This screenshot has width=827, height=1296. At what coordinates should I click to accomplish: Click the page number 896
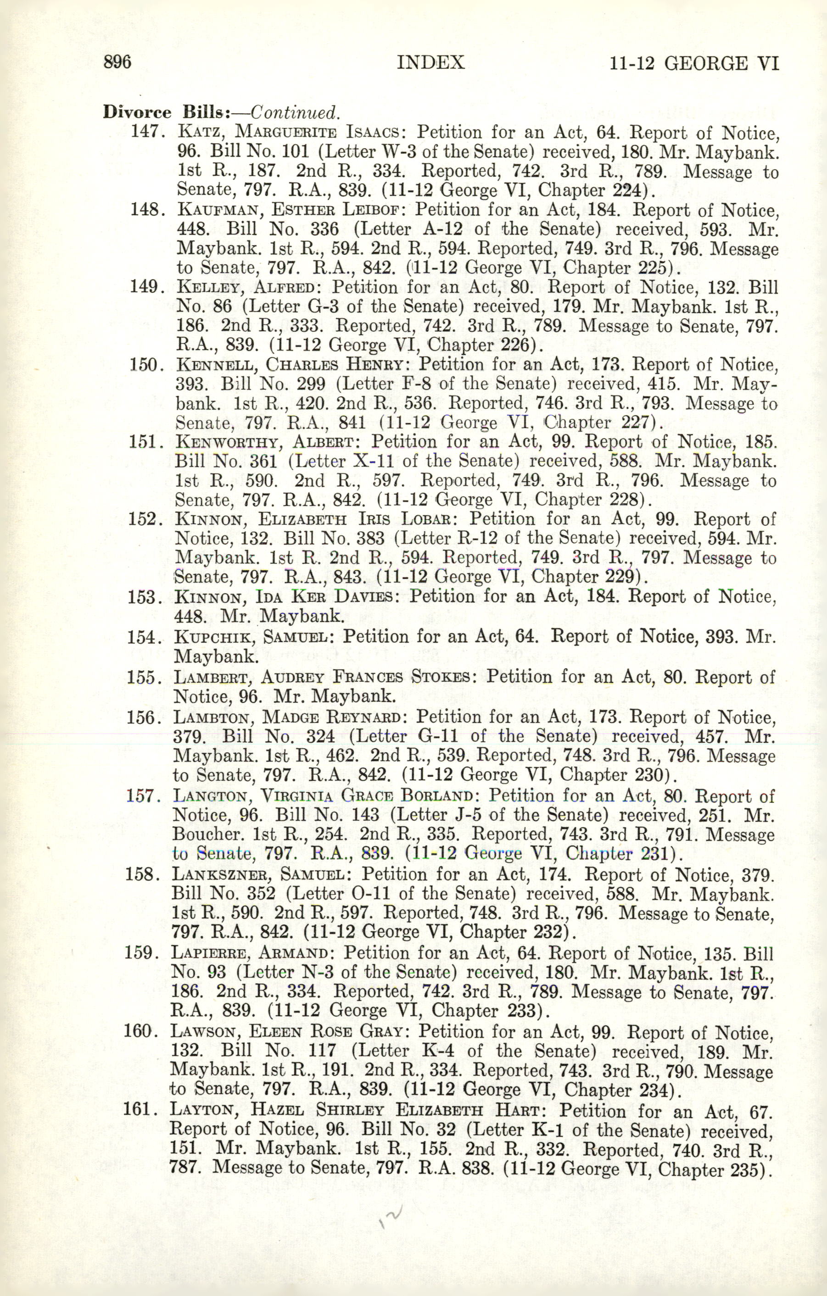click(117, 62)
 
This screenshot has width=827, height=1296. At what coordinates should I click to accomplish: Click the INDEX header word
click(430, 63)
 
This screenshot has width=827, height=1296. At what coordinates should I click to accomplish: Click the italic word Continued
click(295, 112)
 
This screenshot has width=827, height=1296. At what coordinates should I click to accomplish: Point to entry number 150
click(145, 364)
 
